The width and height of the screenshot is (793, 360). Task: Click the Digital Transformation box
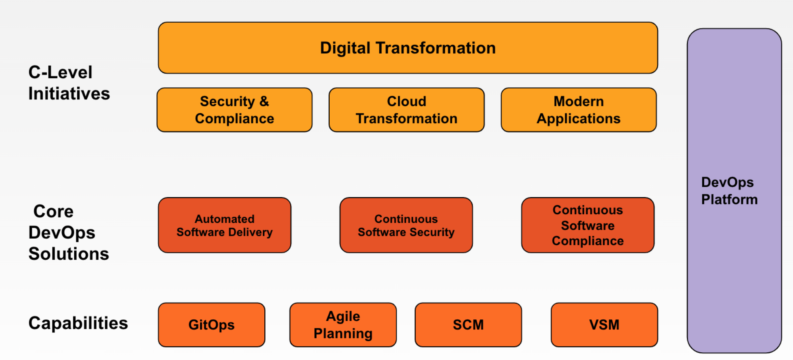pyautogui.click(x=408, y=48)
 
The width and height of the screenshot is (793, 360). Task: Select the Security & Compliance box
pyautogui.click(x=234, y=110)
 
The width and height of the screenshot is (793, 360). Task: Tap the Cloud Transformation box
pyautogui.click(x=406, y=110)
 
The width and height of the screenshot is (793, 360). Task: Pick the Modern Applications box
pyautogui.click(x=579, y=110)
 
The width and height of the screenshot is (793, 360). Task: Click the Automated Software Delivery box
pyautogui.click(x=225, y=225)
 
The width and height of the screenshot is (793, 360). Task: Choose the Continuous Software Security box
pyautogui.click(x=406, y=225)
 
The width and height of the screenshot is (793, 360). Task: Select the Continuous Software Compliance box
pyautogui.click(x=588, y=225)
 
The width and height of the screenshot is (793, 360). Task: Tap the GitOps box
pyautogui.click(x=212, y=325)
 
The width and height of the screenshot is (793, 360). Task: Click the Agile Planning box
pyautogui.click(x=343, y=325)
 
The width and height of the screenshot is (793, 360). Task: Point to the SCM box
pyautogui.click(x=468, y=325)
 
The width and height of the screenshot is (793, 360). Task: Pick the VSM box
pyautogui.click(x=604, y=325)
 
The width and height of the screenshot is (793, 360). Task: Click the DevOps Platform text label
pyautogui.click(x=729, y=191)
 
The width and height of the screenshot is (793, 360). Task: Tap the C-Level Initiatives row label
pyautogui.click(x=69, y=83)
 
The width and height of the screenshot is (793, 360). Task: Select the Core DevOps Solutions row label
pyautogui.click(x=69, y=233)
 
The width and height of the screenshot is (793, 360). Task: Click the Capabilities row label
pyautogui.click(x=78, y=323)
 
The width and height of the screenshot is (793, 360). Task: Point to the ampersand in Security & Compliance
pyautogui.click(x=264, y=101)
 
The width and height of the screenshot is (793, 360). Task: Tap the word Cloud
pyautogui.click(x=406, y=101)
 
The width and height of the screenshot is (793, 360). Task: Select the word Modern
pyautogui.click(x=579, y=101)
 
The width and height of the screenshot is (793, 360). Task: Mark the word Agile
pyautogui.click(x=343, y=316)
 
